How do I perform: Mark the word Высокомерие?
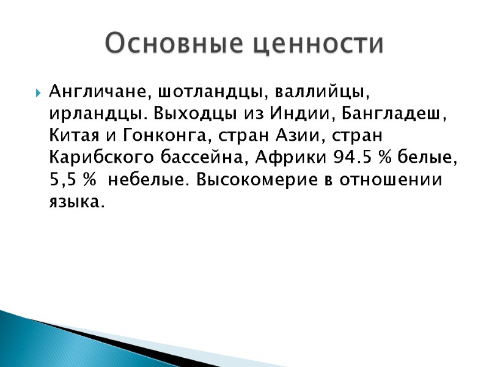click(259, 180)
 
